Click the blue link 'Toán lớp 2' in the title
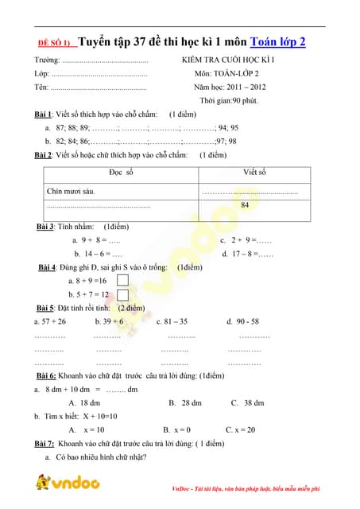tap(277, 43)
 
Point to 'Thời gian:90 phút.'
tap(229, 100)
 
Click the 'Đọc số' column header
tap(122, 173)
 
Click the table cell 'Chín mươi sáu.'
tap(72, 192)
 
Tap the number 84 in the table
tap(245, 205)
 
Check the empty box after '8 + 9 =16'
tap(123, 280)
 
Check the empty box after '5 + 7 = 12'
tap(123, 294)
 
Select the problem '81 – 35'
tap(172, 321)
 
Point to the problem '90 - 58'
tap(242, 321)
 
